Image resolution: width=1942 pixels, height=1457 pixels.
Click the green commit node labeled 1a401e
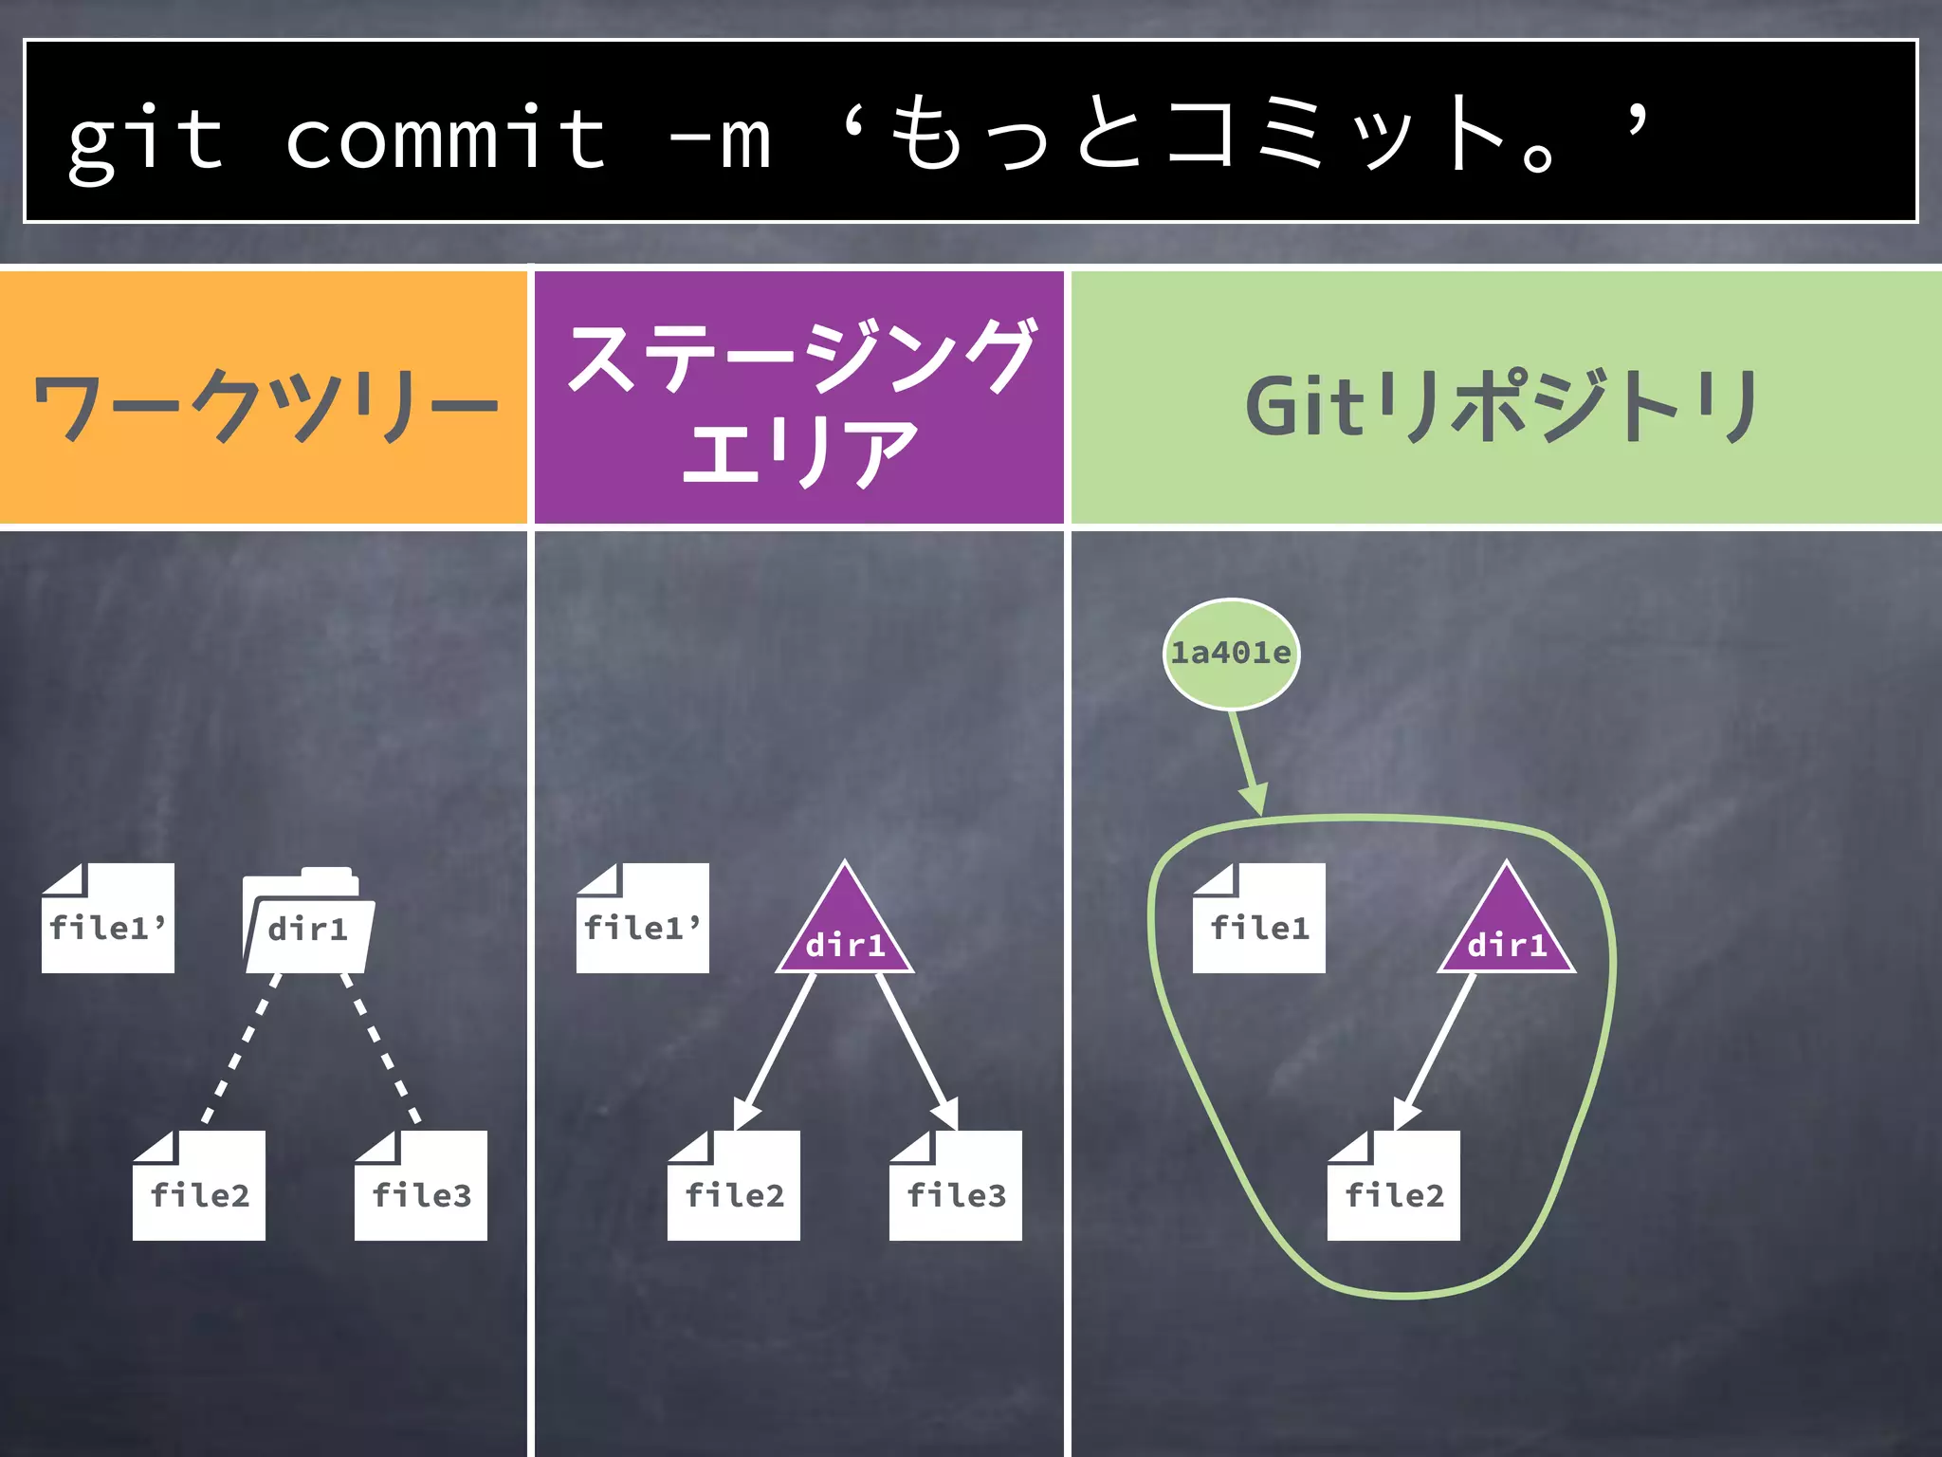1231,654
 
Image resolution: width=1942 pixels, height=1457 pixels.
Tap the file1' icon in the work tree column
108,920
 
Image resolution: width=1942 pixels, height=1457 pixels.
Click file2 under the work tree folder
199,1188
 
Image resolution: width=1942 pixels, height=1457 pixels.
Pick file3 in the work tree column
421,1188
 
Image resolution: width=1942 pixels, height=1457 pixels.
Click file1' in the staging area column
643,920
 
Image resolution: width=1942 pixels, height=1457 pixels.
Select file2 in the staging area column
734,1188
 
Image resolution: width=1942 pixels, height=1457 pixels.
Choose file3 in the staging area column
956,1188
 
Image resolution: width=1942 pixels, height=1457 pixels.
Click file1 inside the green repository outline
1259,920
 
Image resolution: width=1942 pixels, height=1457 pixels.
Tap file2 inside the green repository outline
1394,1188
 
